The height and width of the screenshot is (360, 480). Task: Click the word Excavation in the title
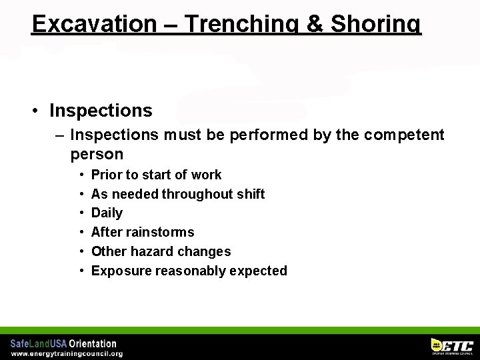coord(93,24)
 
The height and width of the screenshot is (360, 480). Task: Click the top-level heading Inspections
coord(101,111)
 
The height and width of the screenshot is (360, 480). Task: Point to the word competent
coord(403,135)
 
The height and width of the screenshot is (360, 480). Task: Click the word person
coord(97,155)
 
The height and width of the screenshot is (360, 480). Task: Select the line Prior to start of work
coord(156,175)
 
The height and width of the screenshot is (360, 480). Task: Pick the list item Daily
coord(107,213)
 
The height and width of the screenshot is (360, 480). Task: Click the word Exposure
coord(120,271)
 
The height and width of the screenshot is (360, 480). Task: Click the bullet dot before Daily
coord(81,213)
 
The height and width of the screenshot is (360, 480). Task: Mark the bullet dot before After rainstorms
coord(81,233)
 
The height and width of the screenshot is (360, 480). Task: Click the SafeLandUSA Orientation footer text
coord(63,343)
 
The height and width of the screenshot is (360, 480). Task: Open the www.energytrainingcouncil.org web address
coord(67,353)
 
